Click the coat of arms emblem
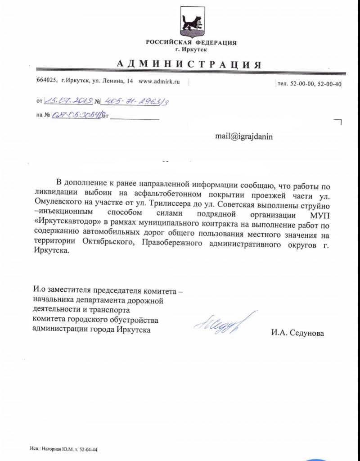(x=191, y=23)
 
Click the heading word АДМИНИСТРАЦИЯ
(x=189, y=63)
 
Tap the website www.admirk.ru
(x=159, y=81)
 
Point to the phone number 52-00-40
(x=331, y=84)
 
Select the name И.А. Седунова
(x=297, y=333)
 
